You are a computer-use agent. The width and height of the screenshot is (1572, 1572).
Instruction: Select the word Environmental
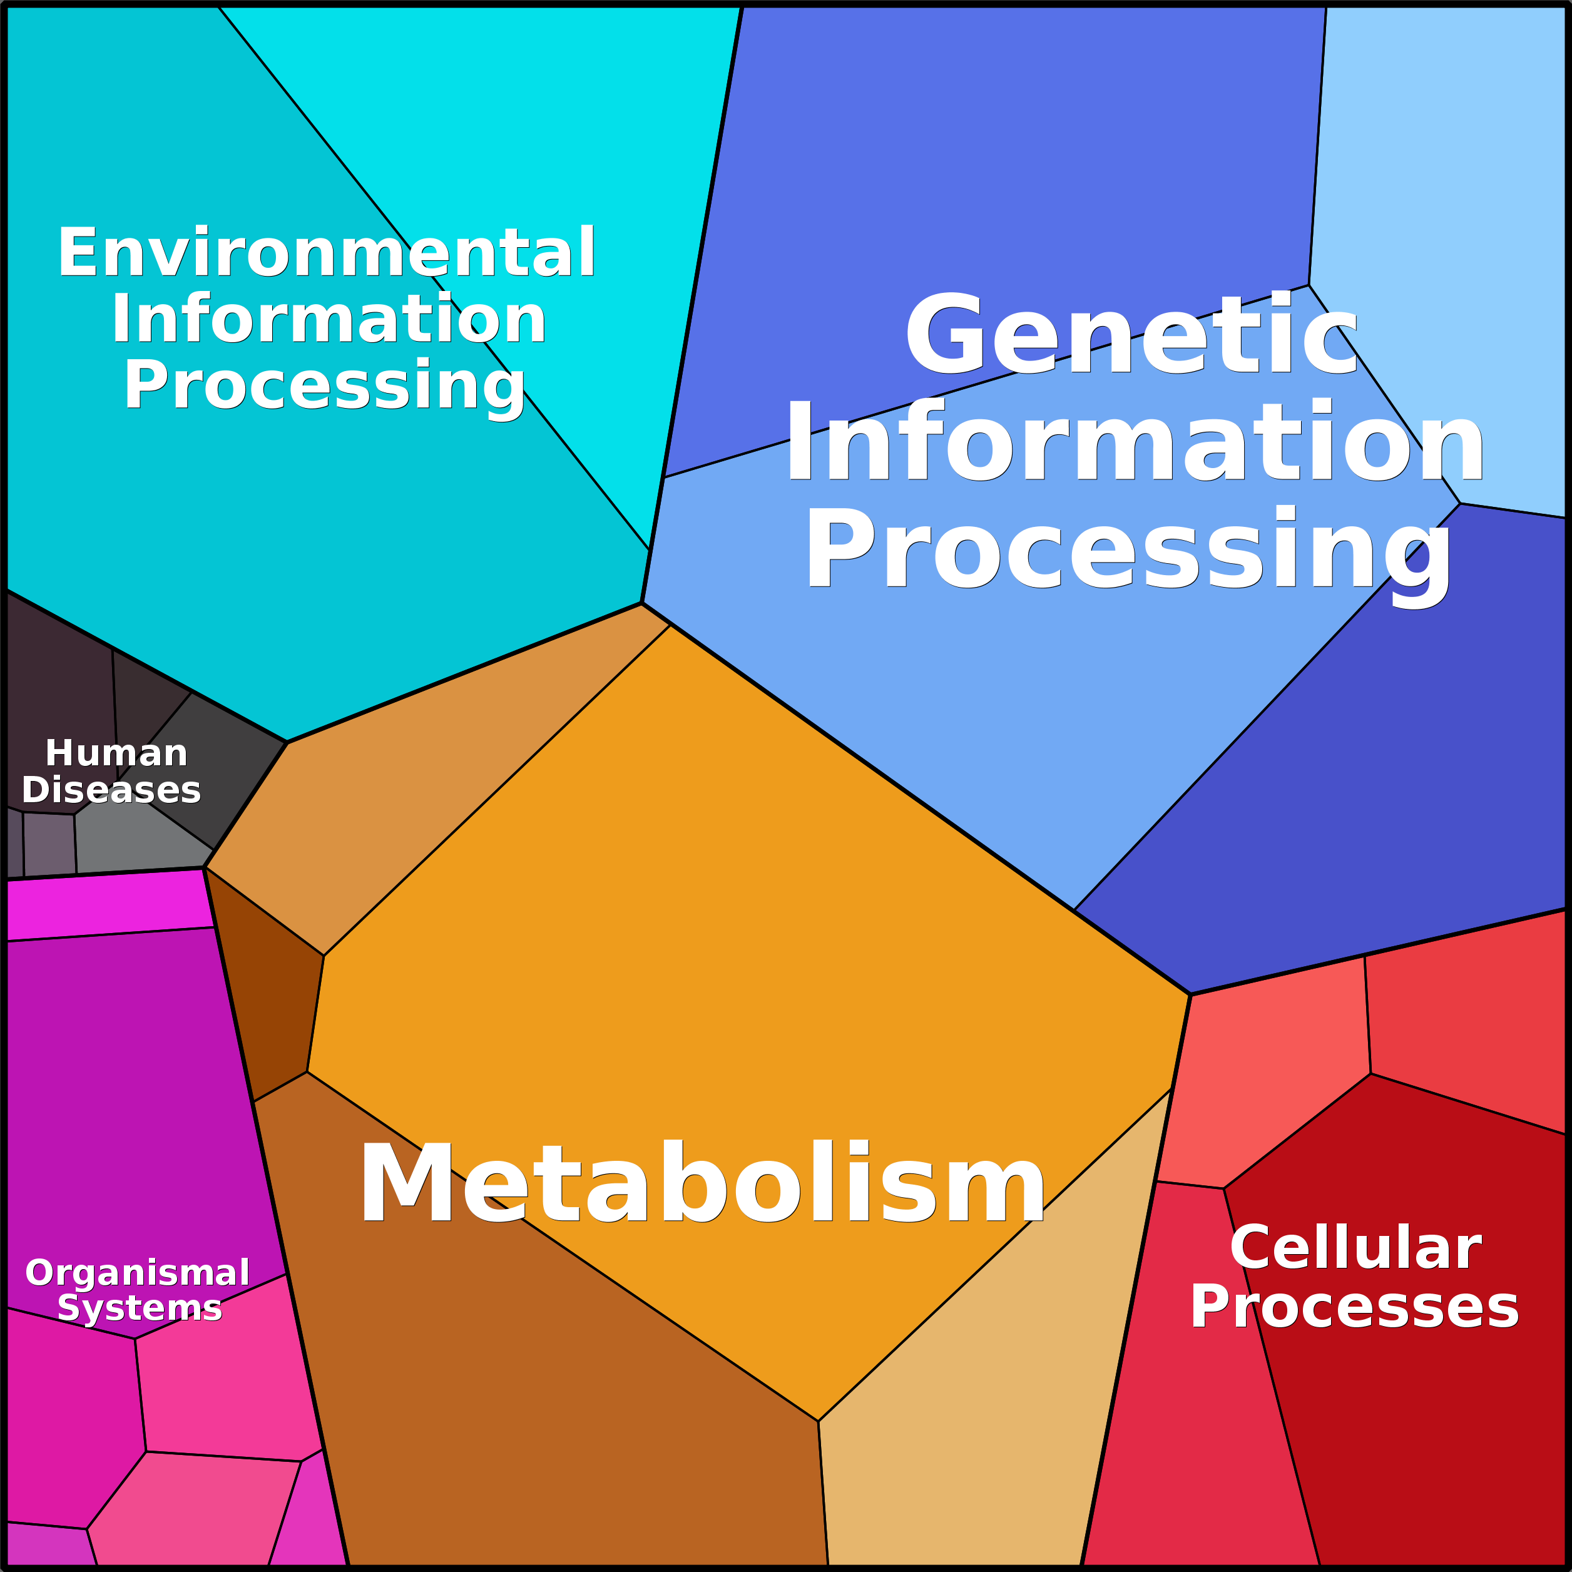(326, 253)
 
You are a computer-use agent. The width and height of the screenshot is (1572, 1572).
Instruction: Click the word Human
(116, 753)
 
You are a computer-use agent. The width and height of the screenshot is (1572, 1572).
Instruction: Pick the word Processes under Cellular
(1354, 1307)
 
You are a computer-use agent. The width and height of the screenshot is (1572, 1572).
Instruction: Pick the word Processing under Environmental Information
(324, 385)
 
